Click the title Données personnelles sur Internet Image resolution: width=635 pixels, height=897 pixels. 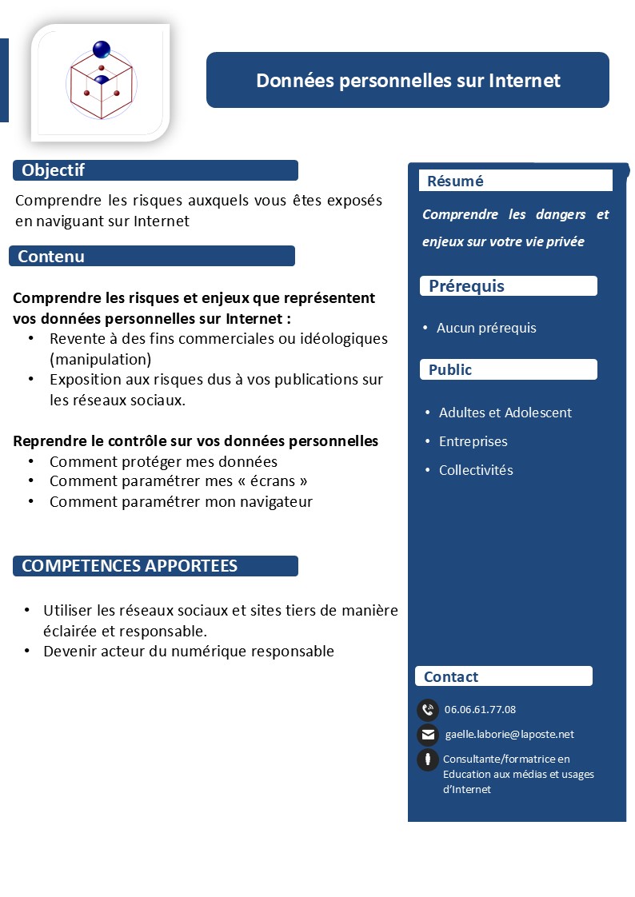click(x=408, y=81)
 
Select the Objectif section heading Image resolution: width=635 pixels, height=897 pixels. click(x=53, y=170)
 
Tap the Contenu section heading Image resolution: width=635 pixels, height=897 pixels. click(x=51, y=257)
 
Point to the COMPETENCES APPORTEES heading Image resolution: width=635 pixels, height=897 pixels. click(x=130, y=566)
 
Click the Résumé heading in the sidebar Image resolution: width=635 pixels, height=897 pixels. click(x=455, y=181)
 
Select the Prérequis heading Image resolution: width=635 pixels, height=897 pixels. click(x=466, y=286)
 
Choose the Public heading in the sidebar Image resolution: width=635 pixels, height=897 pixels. click(x=450, y=369)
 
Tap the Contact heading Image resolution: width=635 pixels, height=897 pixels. click(x=451, y=676)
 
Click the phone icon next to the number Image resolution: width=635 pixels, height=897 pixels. click(x=428, y=709)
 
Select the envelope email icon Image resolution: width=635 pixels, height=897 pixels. click(x=428, y=735)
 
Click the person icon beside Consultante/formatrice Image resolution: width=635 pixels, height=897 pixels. click(x=428, y=759)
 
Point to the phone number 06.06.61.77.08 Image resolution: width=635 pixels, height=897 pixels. click(x=480, y=709)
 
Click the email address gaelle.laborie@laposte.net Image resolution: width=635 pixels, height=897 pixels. click(x=509, y=735)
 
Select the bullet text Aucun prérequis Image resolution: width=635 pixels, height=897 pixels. click(x=486, y=328)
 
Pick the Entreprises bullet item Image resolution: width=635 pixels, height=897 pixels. click(x=473, y=441)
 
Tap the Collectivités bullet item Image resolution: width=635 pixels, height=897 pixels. click(x=476, y=470)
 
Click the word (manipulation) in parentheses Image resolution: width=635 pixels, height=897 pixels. click(x=100, y=358)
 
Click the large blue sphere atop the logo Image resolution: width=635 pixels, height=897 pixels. click(x=102, y=50)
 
